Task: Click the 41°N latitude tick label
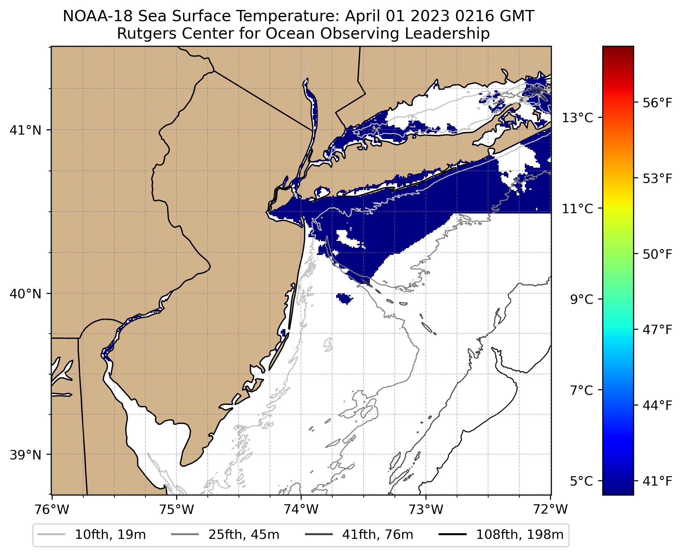[x=26, y=130]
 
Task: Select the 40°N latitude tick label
[x=26, y=294]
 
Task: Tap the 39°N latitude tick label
[x=26, y=455]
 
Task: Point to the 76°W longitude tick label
[x=52, y=510]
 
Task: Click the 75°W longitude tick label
[x=176, y=510]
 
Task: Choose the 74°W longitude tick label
[x=301, y=510]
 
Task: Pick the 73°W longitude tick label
[x=426, y=510]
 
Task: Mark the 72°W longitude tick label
[x=550, y=510]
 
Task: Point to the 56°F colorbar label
[x=658, y=103]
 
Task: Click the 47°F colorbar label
[x=658, y=329]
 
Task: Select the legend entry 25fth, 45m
[x=244, y=534]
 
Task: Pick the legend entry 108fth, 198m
[x=520, y=534]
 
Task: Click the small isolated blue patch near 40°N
[x=344, y=298]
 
